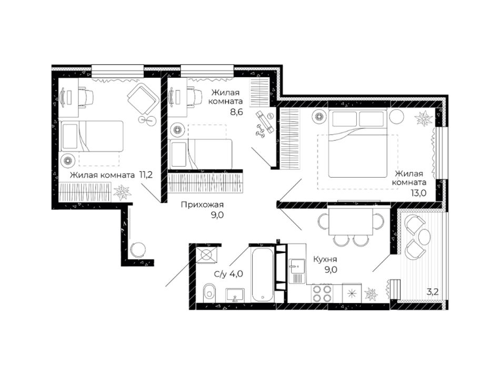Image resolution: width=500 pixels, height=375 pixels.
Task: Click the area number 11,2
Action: tap(146, 175)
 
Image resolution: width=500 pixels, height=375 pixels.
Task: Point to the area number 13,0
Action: tap(419, 192)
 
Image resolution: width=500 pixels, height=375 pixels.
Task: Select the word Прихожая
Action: tap(202, 205)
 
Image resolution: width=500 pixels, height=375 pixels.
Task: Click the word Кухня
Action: tap(325, 259)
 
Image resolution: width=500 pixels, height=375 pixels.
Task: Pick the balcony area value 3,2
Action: tap(433, 291)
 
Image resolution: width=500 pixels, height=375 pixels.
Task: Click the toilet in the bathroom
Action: tap(209, 291)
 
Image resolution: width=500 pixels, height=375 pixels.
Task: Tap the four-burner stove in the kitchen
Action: tap(322, 293)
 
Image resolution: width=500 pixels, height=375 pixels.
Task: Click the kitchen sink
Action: tap(297, 271)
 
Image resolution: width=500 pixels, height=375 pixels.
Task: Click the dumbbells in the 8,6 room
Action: tap(261, 130)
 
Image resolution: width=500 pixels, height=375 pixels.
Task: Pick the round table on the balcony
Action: tap(424, 236)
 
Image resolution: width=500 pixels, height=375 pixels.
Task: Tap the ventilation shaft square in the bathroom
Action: tap(207, 255)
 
